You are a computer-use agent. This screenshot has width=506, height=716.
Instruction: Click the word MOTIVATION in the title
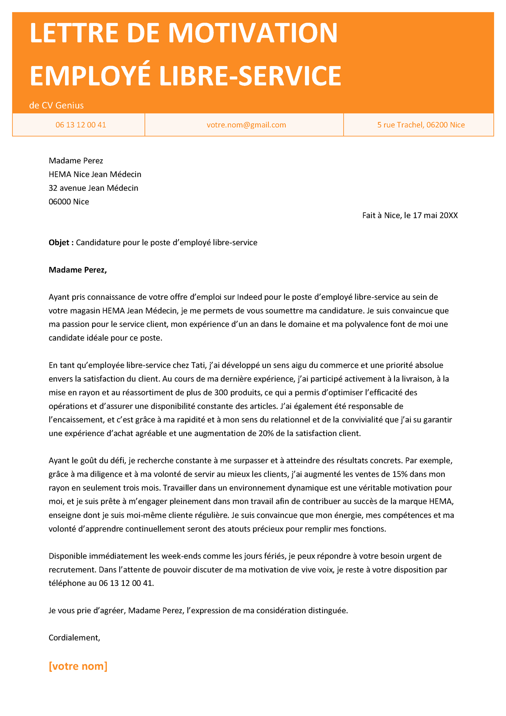tap(253, 34)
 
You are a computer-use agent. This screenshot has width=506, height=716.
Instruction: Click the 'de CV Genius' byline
tap(57, 106)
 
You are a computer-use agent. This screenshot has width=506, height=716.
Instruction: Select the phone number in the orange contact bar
tap(81, 125)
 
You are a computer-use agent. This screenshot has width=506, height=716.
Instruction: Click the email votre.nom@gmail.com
tap(246, 125)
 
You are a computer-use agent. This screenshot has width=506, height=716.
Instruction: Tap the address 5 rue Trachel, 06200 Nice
tap(421, 125)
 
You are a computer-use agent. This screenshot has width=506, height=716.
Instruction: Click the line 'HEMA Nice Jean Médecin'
tap(95, 174)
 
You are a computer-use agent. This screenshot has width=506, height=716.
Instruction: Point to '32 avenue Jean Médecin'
tap(93, 188)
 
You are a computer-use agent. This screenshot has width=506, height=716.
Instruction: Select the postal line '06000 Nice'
tap(69, 202)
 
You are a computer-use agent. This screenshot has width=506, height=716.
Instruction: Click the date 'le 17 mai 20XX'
tap(431, 215)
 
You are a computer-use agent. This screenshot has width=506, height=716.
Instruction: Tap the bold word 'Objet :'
tap(61, 243)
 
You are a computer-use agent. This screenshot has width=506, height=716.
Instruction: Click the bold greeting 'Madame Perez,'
tap(77, 270)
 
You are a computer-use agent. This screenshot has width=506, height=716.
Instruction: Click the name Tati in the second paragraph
tap(199, 365)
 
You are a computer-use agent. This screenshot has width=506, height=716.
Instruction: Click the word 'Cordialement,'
tap(74, 638)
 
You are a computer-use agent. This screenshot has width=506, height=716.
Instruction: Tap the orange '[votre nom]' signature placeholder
tap(78, 666)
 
